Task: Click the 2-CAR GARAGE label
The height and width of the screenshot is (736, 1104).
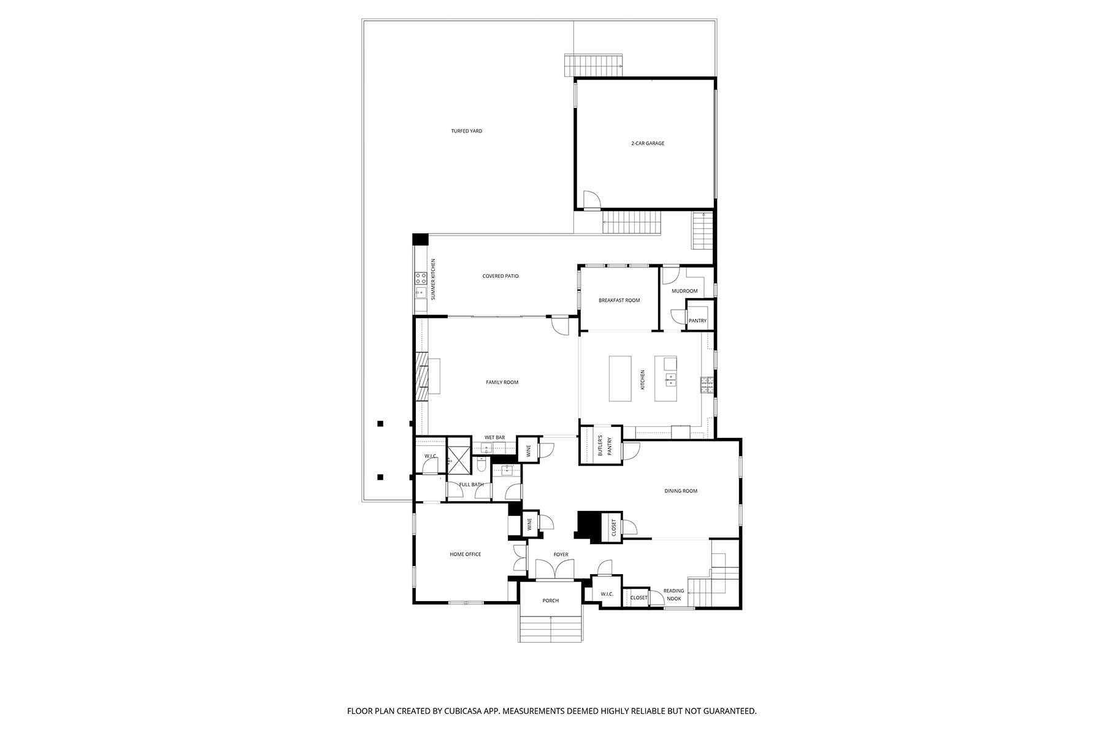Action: pos(648,144)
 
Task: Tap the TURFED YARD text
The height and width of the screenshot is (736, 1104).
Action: pos(466,131)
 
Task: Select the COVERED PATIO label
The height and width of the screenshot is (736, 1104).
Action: pos(500,276)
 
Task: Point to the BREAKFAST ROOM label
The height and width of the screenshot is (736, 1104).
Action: pos(619,301)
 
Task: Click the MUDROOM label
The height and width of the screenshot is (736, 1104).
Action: pos(684,291)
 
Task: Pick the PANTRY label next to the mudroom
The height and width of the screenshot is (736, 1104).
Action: pos(697,321)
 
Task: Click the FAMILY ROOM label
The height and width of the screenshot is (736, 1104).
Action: pos(502,382)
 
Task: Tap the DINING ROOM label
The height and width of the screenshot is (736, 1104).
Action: pos(681,491)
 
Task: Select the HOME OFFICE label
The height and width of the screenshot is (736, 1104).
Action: pos(465,554)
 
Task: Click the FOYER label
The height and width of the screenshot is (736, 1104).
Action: pos(561,554)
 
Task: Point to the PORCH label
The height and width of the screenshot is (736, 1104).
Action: pos(550,600)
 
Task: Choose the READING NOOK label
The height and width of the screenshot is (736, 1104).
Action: pos(673,594)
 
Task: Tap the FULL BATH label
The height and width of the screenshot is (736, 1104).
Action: pos(471,485)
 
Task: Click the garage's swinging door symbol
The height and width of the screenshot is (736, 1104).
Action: pos(590,201)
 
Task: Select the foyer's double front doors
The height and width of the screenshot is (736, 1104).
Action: pos(554,570)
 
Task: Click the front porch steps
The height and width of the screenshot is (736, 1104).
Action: pos(550,629)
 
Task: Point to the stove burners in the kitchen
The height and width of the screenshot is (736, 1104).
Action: pos(706,385)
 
